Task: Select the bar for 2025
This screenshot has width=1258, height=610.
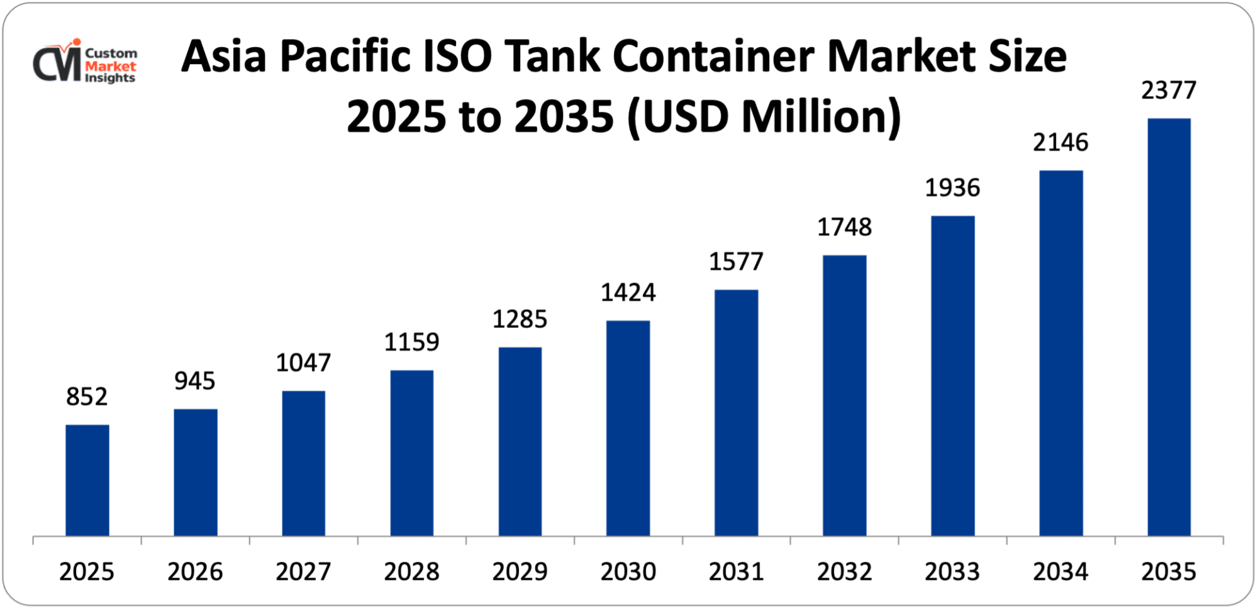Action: point(87,480)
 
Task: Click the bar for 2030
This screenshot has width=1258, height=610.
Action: point(628,428)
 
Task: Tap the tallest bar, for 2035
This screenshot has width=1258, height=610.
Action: point(1169,327)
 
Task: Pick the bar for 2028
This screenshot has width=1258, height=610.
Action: point(411,453)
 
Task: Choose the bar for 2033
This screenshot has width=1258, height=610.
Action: point(952,376)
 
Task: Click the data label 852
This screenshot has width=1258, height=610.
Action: point(87,397)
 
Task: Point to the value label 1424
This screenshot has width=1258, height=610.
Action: point(628,293)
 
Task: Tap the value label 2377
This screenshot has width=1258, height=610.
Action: point(1169,91)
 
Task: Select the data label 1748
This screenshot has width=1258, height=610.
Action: point(844,227)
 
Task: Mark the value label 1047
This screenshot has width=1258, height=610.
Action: point(303,363)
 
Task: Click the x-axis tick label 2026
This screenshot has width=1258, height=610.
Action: point(195,572)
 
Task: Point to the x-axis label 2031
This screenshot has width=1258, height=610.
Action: point(736,572)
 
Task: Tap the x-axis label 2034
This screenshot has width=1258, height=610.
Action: point(1060,572)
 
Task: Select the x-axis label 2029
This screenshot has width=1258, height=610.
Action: point(520,572)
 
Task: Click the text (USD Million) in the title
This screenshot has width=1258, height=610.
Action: point(764,117)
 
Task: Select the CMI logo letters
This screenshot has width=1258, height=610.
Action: point(57,64)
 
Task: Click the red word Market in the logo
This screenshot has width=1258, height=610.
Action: point(111,66)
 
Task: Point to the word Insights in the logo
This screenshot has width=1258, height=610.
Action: point(110,78)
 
